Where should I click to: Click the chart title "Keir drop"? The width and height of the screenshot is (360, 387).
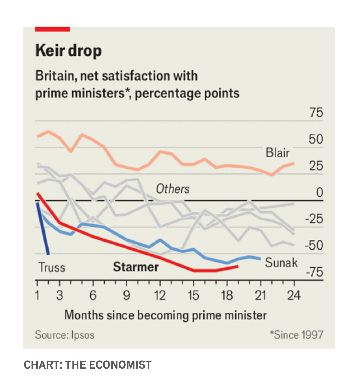(x=68, y=50)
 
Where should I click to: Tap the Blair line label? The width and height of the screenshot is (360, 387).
(x=277, y=153)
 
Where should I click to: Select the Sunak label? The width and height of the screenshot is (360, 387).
(x=281, y=263)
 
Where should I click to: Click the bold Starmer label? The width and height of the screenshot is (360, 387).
(x=136, y=267)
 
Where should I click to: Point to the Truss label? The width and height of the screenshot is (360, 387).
(x=52, y=267)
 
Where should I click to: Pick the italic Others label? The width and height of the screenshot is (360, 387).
(x=173, y=189)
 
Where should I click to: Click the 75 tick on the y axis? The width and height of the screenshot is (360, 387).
(x=316, y=112)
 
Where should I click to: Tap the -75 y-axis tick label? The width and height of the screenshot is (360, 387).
(x=314, y=272)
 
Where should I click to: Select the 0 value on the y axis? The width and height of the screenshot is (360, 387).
(x=319, y=192)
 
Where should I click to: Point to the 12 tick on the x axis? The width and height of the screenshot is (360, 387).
(x=160, y=295)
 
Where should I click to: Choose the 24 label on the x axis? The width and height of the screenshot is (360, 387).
(x=294, y=295)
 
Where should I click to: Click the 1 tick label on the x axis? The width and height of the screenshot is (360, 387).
(x=37, y=295)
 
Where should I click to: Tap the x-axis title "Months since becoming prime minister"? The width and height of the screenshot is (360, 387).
(x=165, y=315)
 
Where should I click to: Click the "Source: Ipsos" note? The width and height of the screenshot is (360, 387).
(x=65, y=335)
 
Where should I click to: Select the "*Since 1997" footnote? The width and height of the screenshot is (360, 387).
(x=297, y=335)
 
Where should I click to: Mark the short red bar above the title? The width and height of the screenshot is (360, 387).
(x=53, y=29)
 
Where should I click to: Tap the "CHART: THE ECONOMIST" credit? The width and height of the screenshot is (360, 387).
(x=87, y=365)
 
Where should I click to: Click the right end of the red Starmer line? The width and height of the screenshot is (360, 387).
(x=237, y=266)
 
